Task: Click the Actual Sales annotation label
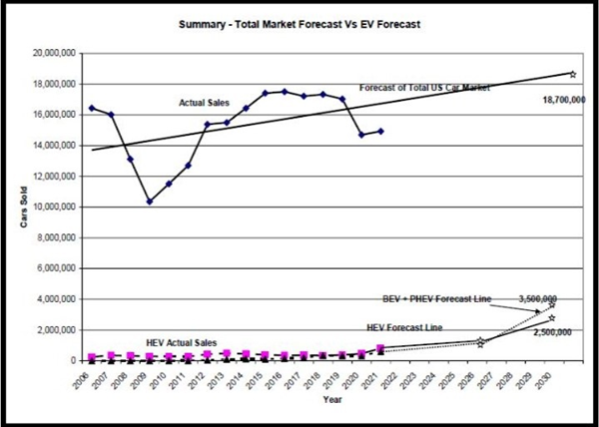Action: coord(205,102)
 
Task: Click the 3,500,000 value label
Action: coord(536,298)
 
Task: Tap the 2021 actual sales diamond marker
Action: coord(381,131)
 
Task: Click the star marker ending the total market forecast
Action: coord(572,73)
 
